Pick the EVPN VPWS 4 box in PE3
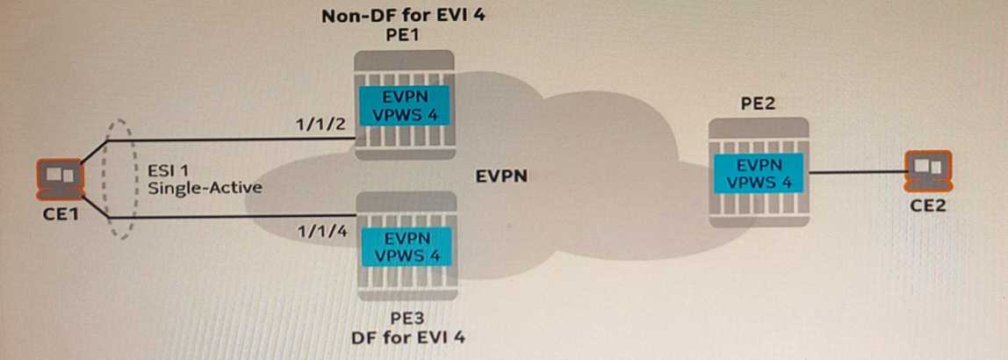pyautogui.click(x=405, y=247)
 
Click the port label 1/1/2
pyautogui.click(x=317, y=125)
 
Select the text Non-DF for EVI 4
pyautogui.click(x=404, y=16)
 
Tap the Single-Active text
pyautogui.click(x=204, y=188)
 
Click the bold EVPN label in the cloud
pyautogui.click(x=500, y=176)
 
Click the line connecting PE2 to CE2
pyautogui.click(x=857, y=173)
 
